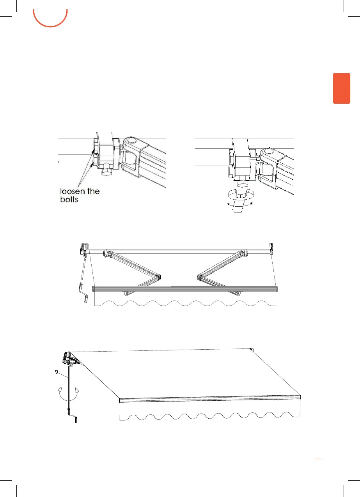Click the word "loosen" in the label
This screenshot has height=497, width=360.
coord(71,191)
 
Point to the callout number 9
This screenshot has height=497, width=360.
coord(57,372)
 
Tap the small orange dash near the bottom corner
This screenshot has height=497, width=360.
coord(318,460)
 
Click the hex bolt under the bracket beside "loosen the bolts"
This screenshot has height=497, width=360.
coord(106,172)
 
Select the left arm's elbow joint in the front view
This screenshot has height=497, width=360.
coord(157,278)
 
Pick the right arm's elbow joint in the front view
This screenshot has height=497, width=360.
coord(200,278)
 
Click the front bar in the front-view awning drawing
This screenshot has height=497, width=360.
coord(185,288)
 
